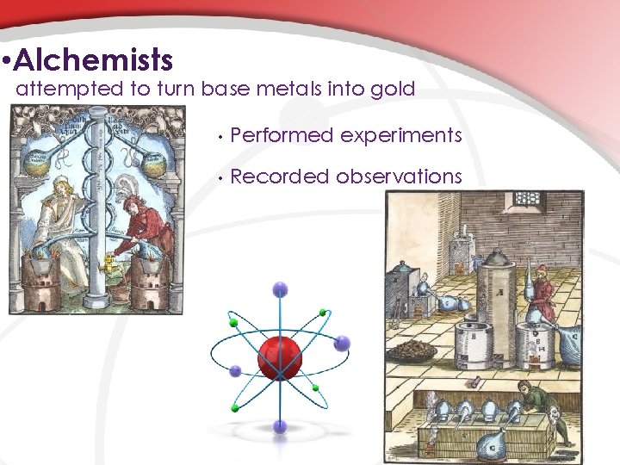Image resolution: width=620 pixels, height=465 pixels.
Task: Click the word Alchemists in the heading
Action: tap(94, 60)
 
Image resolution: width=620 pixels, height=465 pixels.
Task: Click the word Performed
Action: tap(282, 135)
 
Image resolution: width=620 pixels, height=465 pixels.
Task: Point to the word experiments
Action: tap(401, 135)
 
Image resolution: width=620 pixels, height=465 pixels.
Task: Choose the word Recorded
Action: tap(281, 177)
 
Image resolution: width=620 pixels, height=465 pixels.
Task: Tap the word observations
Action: tap(400, 177)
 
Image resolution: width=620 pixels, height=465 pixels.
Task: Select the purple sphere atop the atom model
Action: tap(280, 290)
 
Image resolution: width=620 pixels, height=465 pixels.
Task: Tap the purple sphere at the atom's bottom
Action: tap(280, 425)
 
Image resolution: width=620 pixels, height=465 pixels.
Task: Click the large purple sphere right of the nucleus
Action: tap(342, 344)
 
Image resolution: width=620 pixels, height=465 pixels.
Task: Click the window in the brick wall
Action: tap(524, 198)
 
